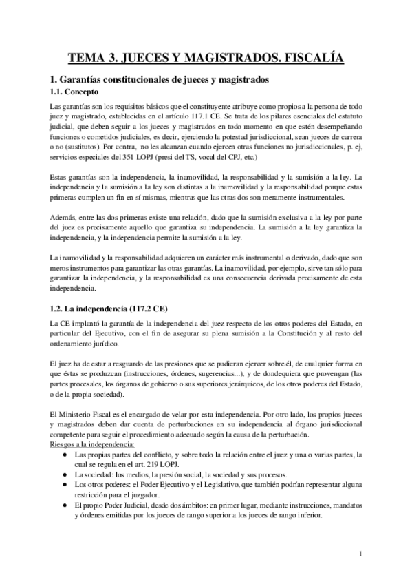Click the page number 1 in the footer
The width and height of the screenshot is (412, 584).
click(360, 552)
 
